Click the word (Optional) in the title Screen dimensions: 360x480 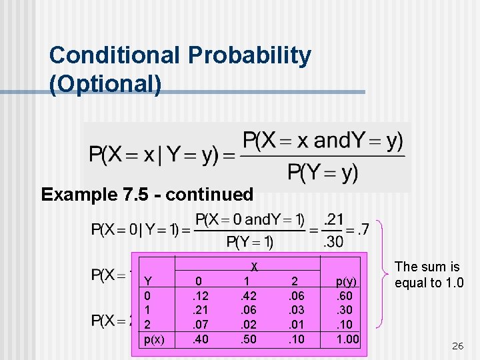click(105, 85)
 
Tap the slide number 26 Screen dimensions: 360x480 click(457, 345)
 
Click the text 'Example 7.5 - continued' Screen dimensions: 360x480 click(147, 195)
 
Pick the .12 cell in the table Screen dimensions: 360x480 click(199, 295)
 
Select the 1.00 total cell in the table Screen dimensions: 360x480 click(347, 339)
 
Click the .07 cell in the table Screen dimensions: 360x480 click(199, 325)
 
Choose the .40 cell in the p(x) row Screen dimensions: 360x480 click(199, 339)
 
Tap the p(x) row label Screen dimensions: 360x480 click(154, 339)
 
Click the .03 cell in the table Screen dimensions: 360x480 click(297, 310)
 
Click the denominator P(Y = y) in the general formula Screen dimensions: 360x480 click(322, 173)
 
